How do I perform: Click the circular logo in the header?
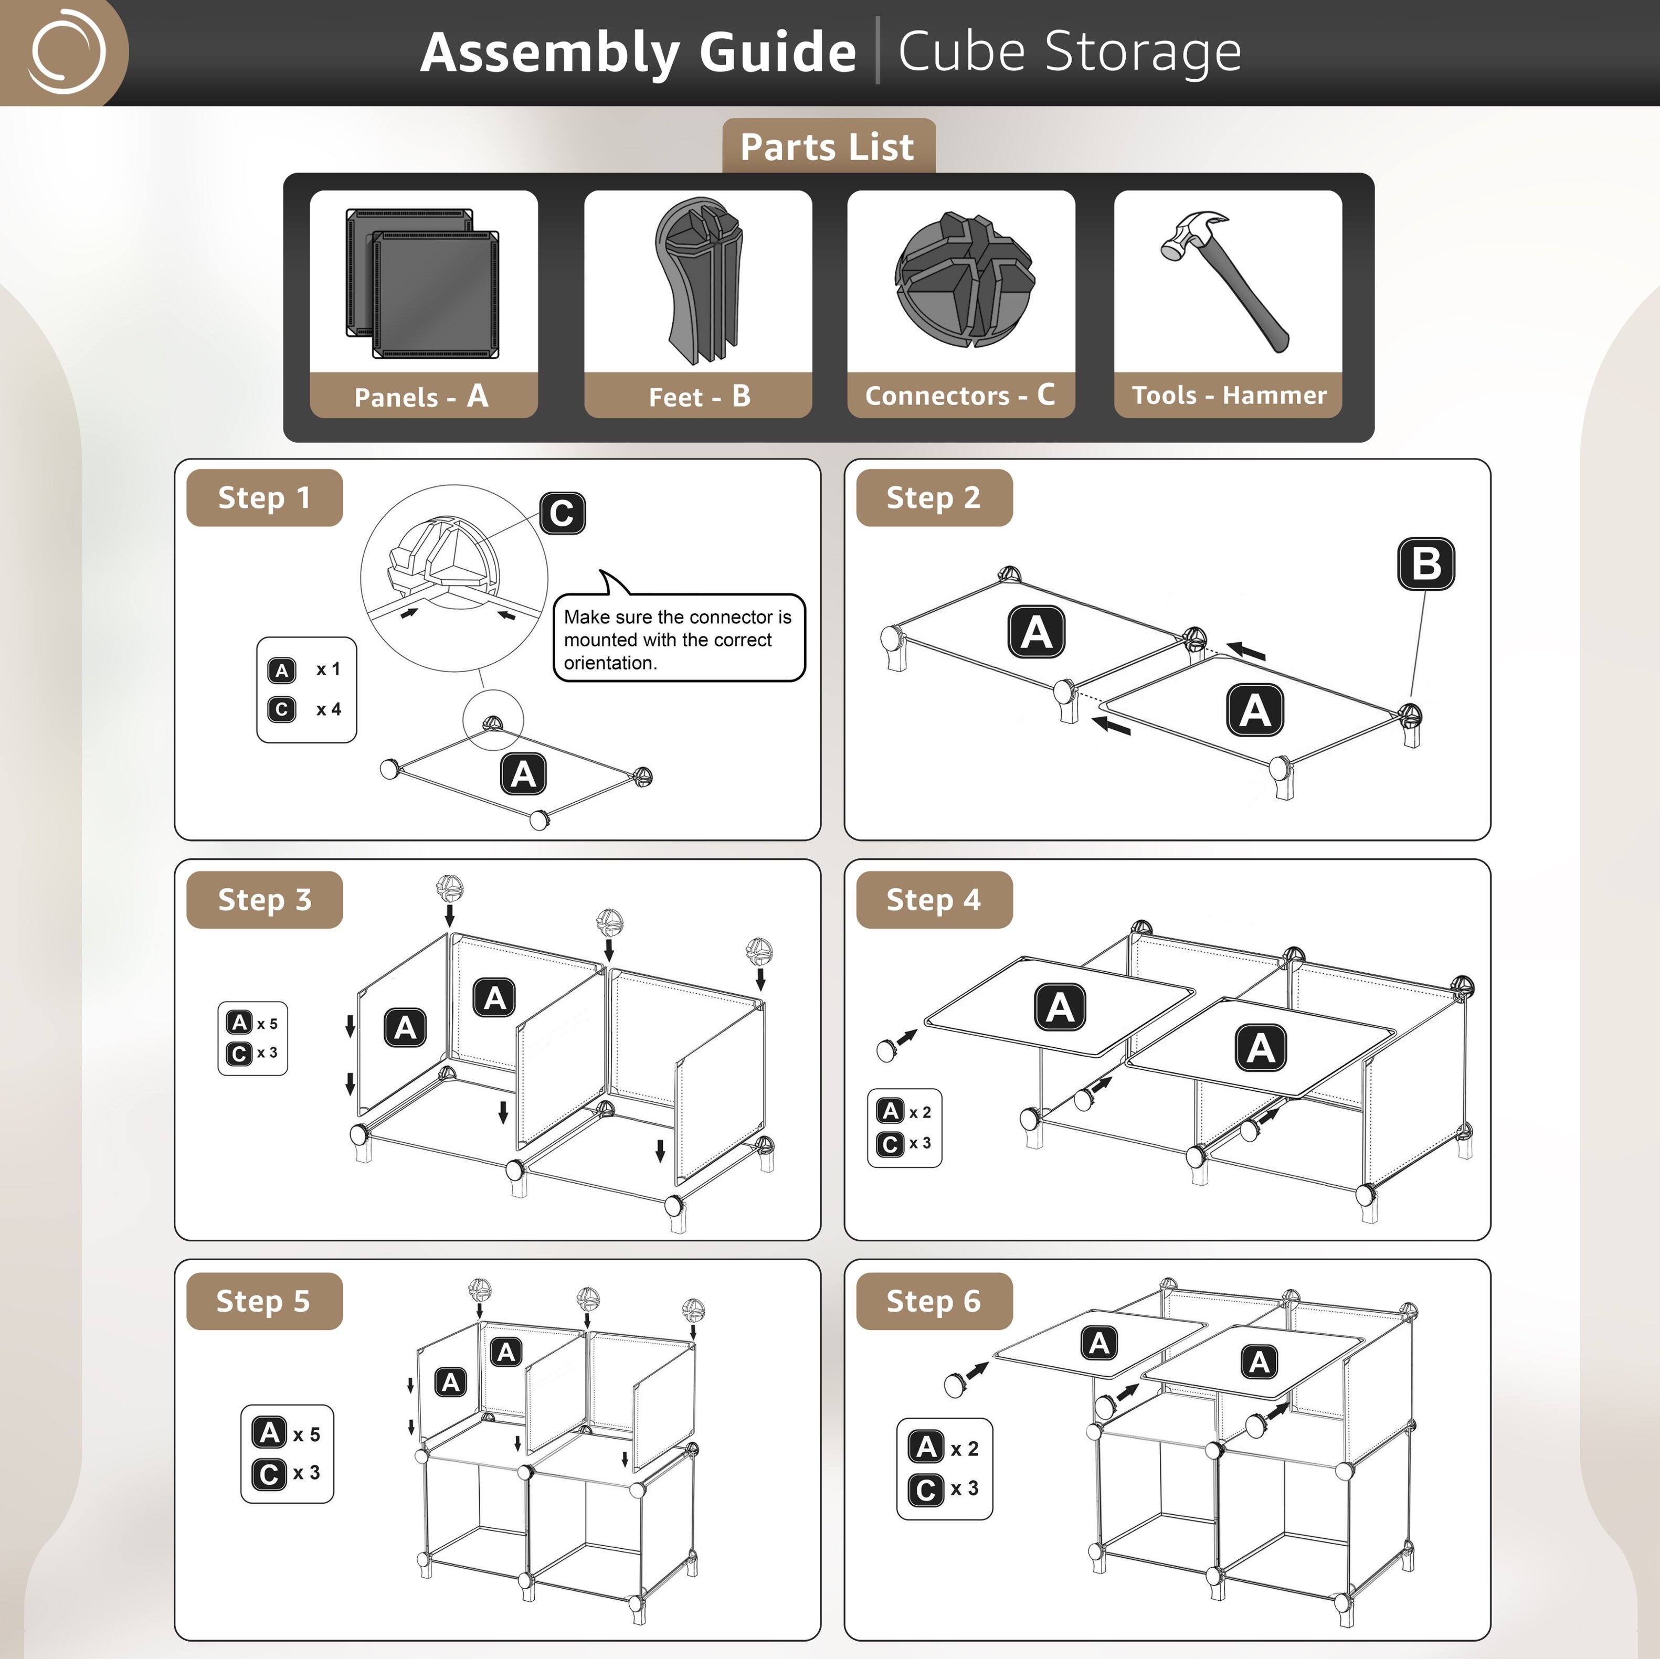[67, 51]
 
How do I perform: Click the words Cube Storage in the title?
[1069, 51]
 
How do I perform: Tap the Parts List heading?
[828, 147]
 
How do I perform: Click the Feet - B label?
[699, 396]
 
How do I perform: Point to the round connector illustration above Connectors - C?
[964, 279]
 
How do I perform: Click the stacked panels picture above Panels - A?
[422, 283]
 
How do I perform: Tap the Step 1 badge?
[264, 497]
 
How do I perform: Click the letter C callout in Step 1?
[562, 513]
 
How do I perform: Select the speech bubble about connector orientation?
[678, 639]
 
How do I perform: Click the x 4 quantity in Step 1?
[328, 709]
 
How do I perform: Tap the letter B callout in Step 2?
[1425, 563]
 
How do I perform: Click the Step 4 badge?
[933, 899]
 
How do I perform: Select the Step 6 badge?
[933, 1301]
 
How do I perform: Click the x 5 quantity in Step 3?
[267, 1023]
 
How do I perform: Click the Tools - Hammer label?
[1229, 395]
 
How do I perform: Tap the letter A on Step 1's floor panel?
[523, 774]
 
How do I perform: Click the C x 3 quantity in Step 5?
[287, 1473]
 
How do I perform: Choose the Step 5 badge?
[263, 1301]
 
